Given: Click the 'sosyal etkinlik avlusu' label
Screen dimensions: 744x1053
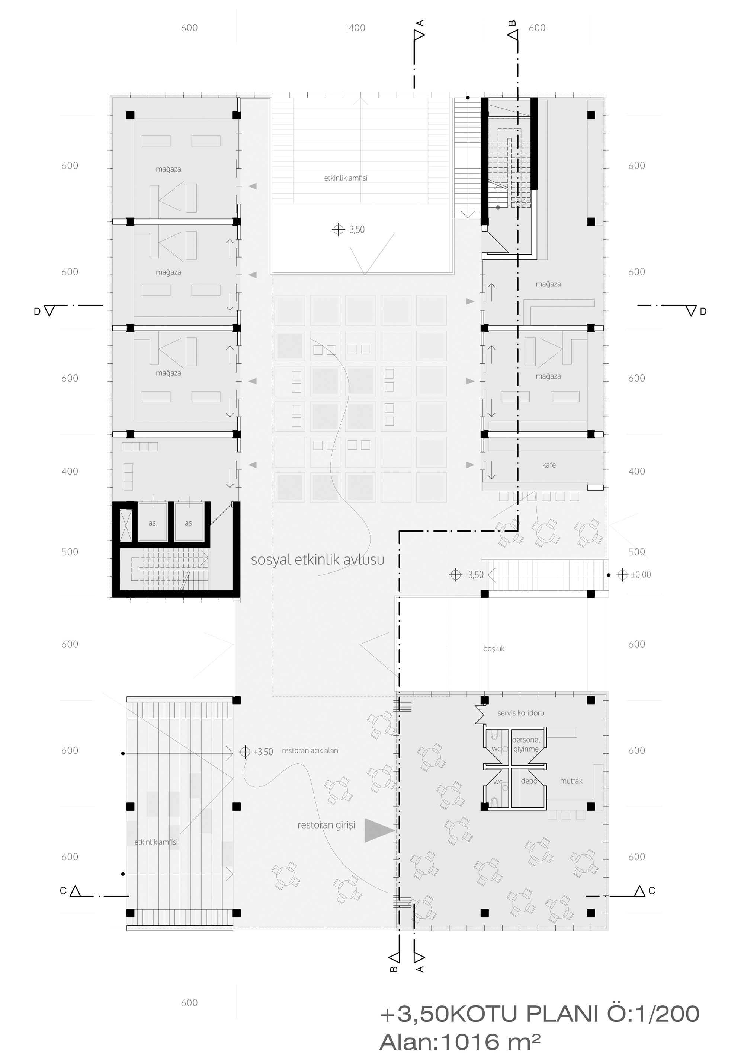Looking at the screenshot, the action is point(317,560).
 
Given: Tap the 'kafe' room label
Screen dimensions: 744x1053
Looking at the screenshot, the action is point(549,465).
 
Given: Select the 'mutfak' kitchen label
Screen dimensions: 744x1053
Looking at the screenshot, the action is point(571,781).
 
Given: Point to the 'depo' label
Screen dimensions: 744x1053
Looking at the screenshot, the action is point(529,781).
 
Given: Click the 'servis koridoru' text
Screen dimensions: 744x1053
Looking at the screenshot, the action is point(521,713).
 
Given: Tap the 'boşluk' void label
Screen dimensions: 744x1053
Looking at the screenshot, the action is point(494,649).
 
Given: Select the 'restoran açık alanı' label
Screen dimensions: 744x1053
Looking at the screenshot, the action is point(311,750).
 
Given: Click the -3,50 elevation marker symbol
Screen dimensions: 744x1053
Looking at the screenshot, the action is point(338,229).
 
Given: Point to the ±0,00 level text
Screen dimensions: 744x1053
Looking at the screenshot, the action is point(641,575).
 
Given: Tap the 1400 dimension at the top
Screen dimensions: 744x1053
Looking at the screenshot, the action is point(355,28).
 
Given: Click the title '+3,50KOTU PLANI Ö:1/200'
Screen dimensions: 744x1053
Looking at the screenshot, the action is point(539,1014).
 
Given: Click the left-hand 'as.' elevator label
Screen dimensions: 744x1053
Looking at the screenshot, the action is point(153,523).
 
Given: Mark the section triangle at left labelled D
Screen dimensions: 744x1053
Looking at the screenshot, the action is point(49,311).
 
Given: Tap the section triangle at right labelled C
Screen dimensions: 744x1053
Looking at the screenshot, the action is point(639,891).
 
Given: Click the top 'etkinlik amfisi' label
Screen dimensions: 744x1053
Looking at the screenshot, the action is point(346,178).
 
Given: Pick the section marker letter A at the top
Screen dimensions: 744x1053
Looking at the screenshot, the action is point(420,23).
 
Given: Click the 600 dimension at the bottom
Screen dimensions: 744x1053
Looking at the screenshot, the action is point(189,1002).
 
